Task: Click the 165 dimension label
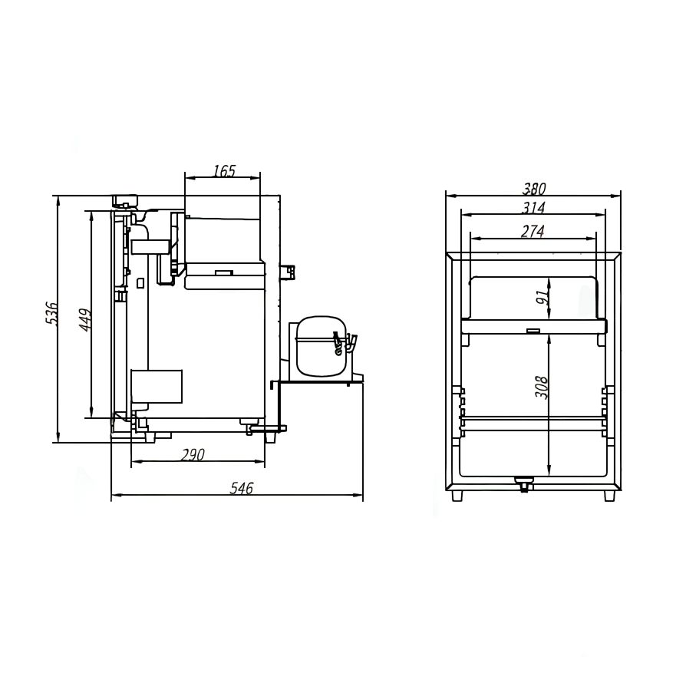pos(225,171)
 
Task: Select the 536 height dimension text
pos(51,313)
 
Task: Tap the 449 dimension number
pos(85,319)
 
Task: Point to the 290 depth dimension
pos(193,455)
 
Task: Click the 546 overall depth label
pos(241,488)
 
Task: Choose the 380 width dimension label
pos(534,189)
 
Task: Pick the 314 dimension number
pos(533,208)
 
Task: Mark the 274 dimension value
pos(533,232)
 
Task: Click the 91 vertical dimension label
pos(542,296)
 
